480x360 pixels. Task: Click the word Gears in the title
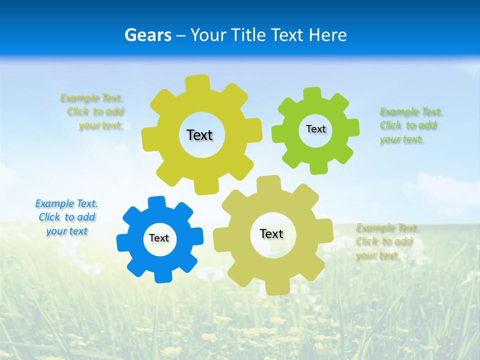tap(148, 35)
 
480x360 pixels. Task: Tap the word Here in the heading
tap(327, 35)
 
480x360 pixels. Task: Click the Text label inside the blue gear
tap(159, 238)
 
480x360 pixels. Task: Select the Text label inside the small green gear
tap(315, 129)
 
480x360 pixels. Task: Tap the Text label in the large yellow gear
tap(199, 135)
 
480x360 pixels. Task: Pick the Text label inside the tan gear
tap(271, 234)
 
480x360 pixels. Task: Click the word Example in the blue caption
tap(54, 203)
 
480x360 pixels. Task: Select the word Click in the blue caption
tap(49, 217)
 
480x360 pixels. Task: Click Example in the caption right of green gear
tap(399, 111)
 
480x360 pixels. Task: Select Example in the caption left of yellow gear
tap(79, 97)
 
